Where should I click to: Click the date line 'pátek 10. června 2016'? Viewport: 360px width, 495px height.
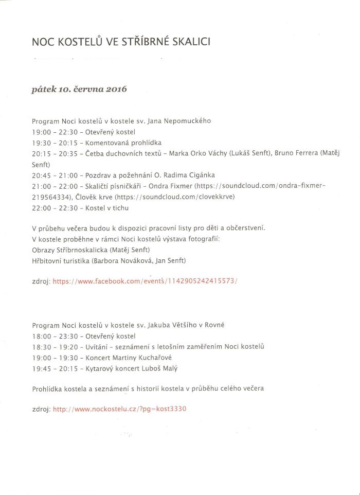click(79, 89)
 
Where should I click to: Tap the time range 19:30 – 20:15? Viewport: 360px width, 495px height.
click(51, 142)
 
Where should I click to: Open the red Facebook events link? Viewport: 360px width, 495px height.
click(145, 281)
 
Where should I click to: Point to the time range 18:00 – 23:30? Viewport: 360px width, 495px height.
click(51, 336)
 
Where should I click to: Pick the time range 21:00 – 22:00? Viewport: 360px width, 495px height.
click(51, 186)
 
